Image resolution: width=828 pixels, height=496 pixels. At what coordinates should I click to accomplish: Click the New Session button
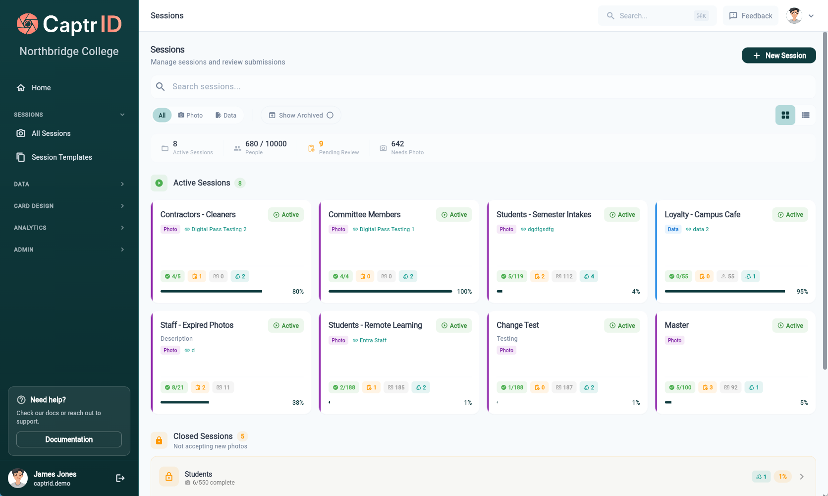pos(778,56)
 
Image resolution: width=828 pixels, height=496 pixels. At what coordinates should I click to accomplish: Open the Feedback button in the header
pos(751,16)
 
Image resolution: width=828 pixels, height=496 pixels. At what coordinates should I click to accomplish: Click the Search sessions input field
pos(483,87)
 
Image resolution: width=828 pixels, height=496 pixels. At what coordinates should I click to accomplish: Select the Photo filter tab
pos(190,115)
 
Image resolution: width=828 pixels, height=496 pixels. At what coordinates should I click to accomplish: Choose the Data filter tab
pos(226,115)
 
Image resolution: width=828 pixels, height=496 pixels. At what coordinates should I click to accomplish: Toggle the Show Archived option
pos(301,115)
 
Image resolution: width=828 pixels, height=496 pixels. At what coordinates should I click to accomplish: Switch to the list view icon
pos(806,115)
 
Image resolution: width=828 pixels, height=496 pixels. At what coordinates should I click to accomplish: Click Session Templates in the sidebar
pos(61,157)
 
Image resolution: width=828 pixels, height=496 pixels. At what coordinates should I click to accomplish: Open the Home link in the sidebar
pos(41,88)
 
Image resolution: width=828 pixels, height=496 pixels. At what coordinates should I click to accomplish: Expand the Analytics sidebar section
pos(69,228)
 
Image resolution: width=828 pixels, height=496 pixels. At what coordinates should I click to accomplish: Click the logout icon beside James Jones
pos(120,478)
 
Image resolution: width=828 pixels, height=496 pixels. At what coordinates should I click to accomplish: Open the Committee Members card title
pos(364,214)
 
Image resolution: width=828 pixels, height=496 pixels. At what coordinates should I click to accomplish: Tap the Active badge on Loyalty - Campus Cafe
pos(790,215)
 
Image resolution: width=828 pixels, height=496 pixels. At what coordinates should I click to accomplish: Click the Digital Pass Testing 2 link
pos(219,229)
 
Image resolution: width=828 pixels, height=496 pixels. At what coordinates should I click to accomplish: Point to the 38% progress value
pos(298,403)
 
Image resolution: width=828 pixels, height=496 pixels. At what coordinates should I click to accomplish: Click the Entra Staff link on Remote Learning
pos(373,340)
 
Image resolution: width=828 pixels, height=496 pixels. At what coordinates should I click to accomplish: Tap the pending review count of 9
pos(321,144)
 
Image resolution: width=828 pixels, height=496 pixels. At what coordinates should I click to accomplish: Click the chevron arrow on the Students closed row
pos(802,477)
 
